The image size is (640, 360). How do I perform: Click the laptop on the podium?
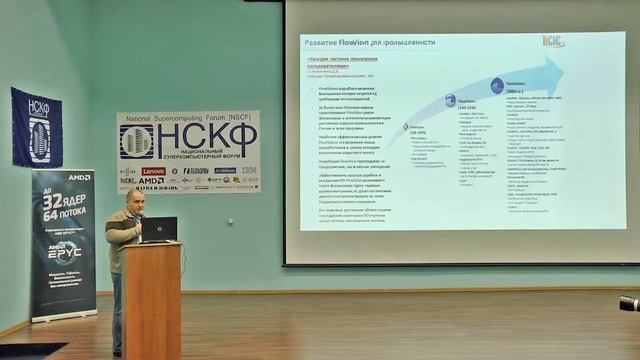tap(159, 230)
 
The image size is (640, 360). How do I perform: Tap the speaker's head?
tap(137, 198)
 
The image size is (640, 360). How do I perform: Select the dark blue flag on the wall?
tap(36, 128)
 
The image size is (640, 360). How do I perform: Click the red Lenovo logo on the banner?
tap(153, 171)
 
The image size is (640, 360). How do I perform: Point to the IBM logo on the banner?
tap(248, 171)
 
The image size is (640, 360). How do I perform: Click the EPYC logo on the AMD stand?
tap(64, 250)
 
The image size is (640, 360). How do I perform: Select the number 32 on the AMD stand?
tap(53, 200)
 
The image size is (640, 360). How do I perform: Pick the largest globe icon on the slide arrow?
tap(497, 86)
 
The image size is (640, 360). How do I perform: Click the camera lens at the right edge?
tap(629, 304)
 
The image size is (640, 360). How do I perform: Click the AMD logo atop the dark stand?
tap(80, 177)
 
